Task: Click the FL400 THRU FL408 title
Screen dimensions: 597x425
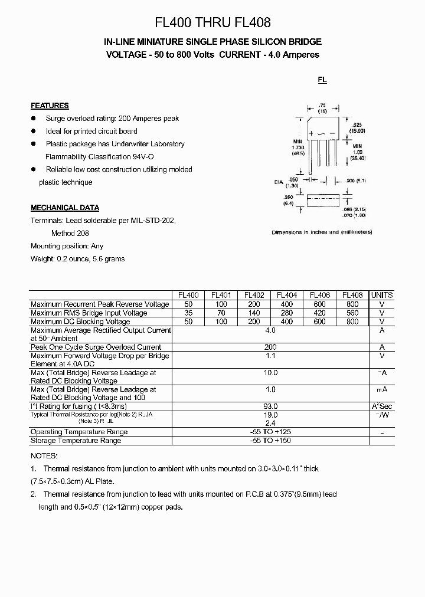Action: (x=212, y=23)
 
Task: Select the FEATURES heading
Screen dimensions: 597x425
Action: (x=50, y=106)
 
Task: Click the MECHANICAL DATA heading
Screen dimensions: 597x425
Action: (x=65, y=208)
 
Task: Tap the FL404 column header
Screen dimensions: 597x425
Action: (x=287, y=295)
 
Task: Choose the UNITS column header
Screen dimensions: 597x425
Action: (x=382, y=295)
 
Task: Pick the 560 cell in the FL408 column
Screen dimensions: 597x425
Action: (x=352, y=313)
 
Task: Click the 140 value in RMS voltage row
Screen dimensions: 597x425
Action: (x=254, y=313)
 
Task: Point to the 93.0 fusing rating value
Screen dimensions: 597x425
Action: (x=270, y=406)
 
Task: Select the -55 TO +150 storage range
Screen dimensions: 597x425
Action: (x=270, y=441)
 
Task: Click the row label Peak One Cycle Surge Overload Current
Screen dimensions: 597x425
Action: (x=96, y=347)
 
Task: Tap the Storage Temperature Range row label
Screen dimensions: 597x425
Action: (x=76, y=441)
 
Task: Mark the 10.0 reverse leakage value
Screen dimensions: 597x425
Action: (x=270, y=373)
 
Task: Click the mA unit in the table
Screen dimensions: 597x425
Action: (x=382, y=390)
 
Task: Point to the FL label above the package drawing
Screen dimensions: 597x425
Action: (x=322, y=80)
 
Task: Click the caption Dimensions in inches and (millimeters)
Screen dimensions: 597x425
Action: (x=322, y=232)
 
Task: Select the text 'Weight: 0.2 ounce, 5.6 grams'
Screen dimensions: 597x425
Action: (x=78, y=258)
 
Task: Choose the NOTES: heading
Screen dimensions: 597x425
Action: (x=44, y=456)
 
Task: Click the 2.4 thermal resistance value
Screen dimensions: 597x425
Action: (x=270, y=423)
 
